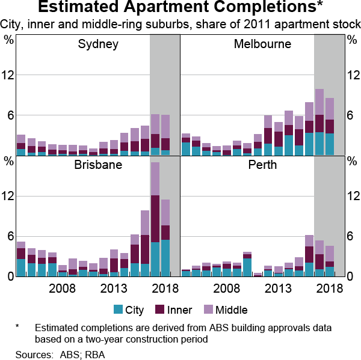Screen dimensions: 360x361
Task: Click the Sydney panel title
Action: [x=98, y=44]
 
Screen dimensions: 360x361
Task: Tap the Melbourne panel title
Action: [x=263, y=44]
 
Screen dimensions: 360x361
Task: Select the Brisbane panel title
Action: [x=98, y=165]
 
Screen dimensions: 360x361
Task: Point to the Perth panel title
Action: [x=263, y=165]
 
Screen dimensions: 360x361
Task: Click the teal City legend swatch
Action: [x=118, y=310]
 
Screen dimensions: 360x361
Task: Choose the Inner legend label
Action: [x=180, y=310]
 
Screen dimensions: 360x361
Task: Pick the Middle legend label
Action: [x=232, y=310]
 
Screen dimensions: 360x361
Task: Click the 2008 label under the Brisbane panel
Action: [x=62, y=288]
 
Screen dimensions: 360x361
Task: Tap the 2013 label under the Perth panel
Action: [x=278, y=288]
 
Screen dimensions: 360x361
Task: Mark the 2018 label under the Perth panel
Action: [x=330, y=288]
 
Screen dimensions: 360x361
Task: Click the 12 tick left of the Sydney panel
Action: [x=9, y=75]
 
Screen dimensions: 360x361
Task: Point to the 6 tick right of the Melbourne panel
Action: [x=352, y=115]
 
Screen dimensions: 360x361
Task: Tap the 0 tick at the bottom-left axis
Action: [x=9, y=276]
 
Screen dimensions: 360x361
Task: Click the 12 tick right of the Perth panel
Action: [x=352, y=196]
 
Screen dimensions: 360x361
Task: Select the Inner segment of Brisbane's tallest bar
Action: [x=155, y=219]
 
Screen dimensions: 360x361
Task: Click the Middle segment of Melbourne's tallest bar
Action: [x=319, y=102]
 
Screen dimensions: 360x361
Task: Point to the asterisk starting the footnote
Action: [x=18, y=327]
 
